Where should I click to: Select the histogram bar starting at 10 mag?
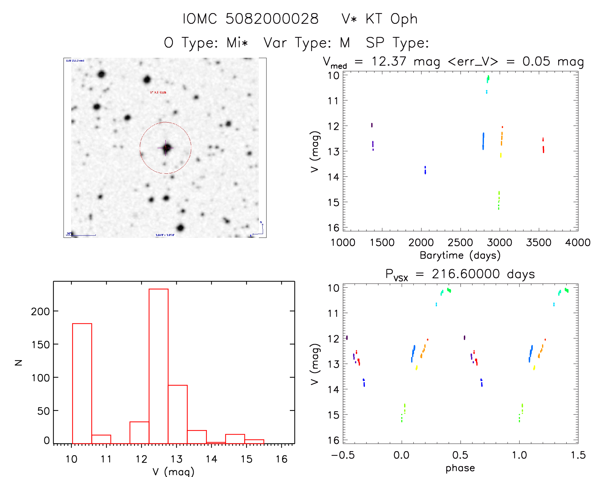(x=82, y=383)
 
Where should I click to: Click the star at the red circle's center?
(x=166, y=148)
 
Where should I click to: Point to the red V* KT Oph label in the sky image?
(x=158, y=92)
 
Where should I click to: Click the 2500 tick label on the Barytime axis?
(x=460, y=242)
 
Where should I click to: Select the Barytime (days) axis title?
(x=460, y=255)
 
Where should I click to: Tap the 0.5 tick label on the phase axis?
(x=460, y=455)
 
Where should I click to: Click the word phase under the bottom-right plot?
(x=460, y=468)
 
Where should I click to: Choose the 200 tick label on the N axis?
(x=40, y=311)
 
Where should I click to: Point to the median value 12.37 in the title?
(x=388, y=61)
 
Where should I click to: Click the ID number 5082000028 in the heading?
(x=272, y=19)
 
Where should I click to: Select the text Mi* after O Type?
(x=237, y=42)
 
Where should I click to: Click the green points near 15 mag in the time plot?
(x=499, y=201)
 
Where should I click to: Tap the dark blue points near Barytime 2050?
(x=425, y=170)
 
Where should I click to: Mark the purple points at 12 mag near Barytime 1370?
(x=372, y=125)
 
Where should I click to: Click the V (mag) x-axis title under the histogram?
(x=173, y=472)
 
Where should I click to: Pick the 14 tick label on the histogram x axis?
(x=211, y=459)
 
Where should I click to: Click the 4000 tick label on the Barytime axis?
(x=577, y=242)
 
